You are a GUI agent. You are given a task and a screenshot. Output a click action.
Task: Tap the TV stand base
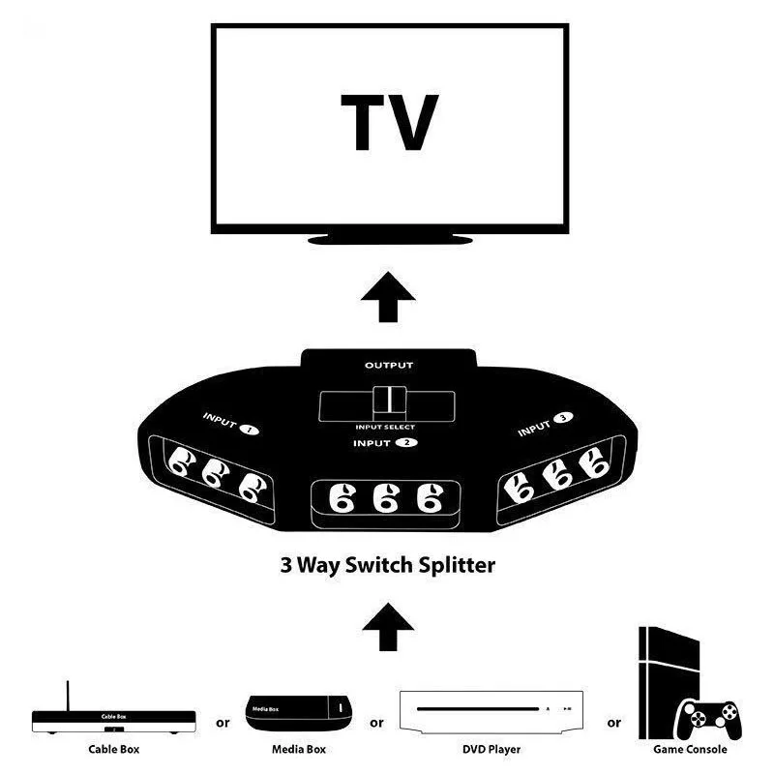(x=390, y=238)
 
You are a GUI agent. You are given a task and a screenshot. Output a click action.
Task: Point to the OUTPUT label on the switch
(x=389, y=366)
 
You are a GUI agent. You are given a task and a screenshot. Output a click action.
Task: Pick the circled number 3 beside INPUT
(x=562, y=418)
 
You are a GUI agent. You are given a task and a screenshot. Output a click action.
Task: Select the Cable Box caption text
(x=115, y=748)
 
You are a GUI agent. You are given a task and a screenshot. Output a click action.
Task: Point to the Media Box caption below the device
(x=297, y=748)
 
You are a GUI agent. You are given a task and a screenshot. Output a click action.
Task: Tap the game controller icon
(x=710, y=718)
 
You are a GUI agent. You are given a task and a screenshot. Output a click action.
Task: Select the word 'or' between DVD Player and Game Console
(x=613, y=722)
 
